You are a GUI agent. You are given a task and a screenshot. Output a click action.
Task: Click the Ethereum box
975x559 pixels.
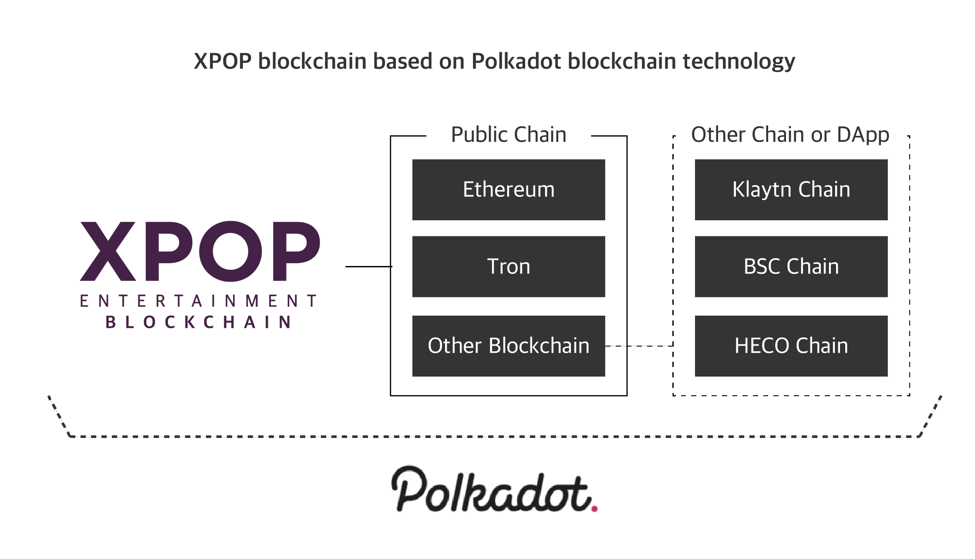point(509,190)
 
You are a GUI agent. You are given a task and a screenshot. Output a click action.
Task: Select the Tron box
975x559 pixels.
point(509,266)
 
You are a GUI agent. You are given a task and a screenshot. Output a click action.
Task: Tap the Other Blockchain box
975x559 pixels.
point(509,346)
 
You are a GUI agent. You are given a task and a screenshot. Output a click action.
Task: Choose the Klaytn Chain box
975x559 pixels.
point(791,190)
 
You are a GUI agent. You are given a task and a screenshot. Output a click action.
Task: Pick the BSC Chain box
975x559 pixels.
point(791,266)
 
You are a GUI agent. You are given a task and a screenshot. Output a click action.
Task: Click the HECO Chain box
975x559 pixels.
point(791,346)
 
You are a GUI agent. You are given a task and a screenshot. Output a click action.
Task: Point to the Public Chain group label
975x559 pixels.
point(509,135)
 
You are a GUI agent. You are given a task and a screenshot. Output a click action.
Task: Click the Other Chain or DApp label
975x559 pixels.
point(790,135)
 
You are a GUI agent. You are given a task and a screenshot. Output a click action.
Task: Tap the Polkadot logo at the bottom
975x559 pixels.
point(494,488)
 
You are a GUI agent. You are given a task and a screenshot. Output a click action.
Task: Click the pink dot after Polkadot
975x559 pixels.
point(594,508)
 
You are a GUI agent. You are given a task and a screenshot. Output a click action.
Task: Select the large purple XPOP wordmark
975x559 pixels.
point(200,251)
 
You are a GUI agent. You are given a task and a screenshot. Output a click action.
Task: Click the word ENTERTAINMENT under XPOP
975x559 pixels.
point(199,301)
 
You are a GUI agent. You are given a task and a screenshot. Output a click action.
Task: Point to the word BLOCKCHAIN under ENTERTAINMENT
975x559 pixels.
point(199,322)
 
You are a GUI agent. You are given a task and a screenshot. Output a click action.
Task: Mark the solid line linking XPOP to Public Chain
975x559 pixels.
point(369,266)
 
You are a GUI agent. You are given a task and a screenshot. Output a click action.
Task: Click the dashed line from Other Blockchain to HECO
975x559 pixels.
point(639,346)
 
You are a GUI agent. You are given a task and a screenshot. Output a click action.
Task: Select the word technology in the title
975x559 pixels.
point(739,62)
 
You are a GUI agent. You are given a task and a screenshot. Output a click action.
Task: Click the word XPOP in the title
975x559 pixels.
point(223,61)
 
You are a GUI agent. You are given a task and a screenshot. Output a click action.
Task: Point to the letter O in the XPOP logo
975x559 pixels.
point(231,251)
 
